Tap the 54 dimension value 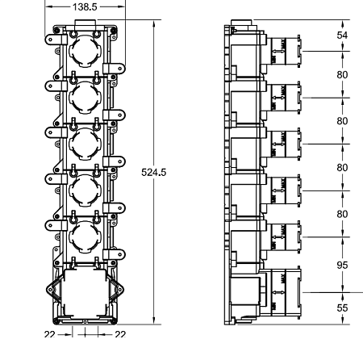click(342, 36)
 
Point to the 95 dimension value click(342, 263)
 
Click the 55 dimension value click(342, 308)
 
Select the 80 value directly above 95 click(342, 215)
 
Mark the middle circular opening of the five click(84, 145)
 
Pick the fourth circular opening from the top click(84, 192)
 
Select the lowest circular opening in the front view click(84, 238)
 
